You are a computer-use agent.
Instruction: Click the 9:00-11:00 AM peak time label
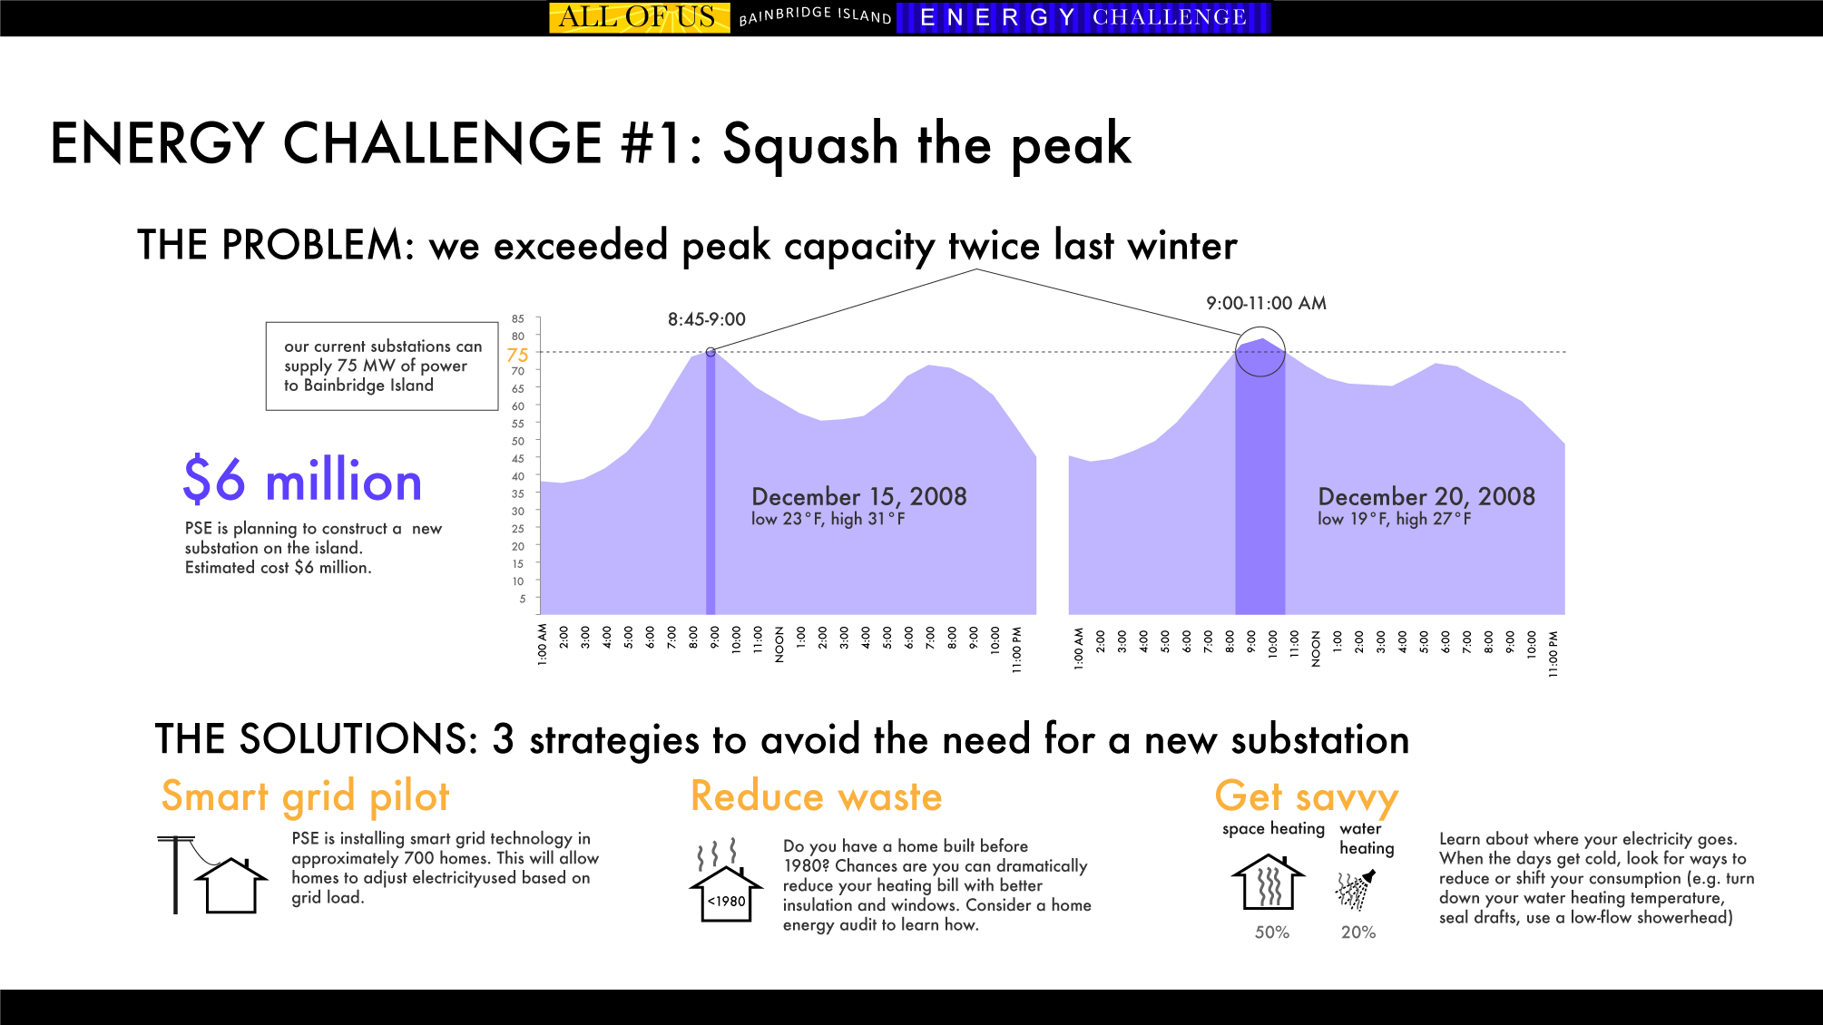click(1266, 303)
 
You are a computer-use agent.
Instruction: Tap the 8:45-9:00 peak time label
click(706, 319)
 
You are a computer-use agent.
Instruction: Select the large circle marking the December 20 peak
click(1260, 351)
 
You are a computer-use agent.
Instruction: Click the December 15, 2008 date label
click(858, 497)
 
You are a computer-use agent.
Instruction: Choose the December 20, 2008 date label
click(1426, 497)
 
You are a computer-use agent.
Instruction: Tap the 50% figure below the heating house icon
click(1271, 932)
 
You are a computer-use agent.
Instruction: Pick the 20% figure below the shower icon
click(1357, 932)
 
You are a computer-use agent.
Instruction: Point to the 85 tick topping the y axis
click(517, 319)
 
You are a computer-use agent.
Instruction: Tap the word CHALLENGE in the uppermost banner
click(1169, 17)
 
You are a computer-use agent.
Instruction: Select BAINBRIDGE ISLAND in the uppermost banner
click(815, 16)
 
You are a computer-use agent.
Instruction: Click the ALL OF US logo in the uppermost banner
click(639, 17)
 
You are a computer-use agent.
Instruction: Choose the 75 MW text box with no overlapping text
click(382, 366)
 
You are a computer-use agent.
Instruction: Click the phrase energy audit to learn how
click(878, 925)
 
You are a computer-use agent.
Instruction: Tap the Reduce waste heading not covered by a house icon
click(816, 797)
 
